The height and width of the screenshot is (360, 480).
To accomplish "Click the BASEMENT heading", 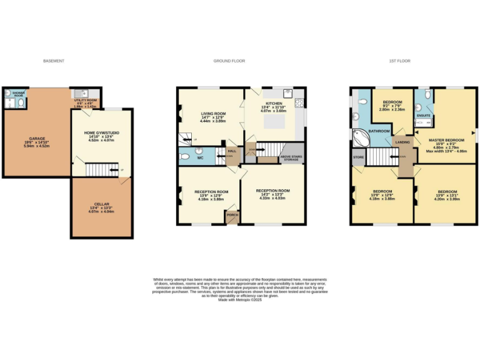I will click(54, 61).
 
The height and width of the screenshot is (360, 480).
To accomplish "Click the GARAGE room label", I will click(37, 138).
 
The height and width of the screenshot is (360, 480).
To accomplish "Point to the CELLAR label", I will click(101, 204).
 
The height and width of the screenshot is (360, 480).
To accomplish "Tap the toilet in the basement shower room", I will click(21, 102).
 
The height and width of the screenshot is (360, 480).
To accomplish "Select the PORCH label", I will click(232, 215).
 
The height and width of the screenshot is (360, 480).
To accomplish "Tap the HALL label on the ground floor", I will click(231, 151).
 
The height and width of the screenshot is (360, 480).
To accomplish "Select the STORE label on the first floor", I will click(358, 157).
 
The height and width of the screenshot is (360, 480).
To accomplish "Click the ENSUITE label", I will click(424, 116).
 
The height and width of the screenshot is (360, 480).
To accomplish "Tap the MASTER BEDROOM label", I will click(446, 140).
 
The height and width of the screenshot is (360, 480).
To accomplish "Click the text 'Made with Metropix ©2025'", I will click(240, 300).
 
